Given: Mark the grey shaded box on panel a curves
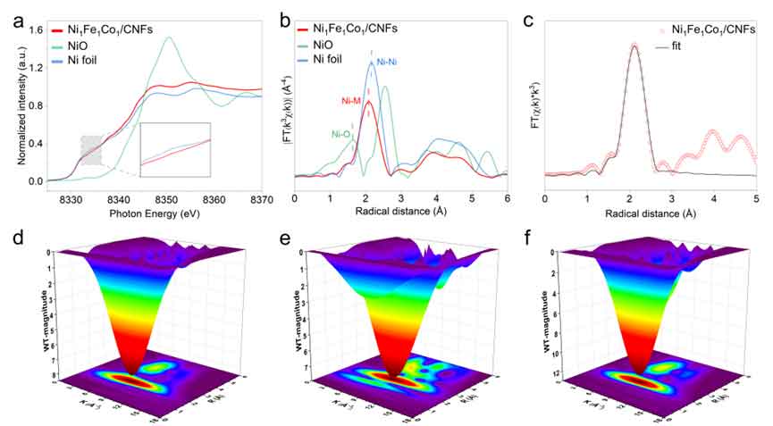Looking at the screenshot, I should [x=92, y=149].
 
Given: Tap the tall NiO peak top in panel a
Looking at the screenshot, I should [x=169, y=38].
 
